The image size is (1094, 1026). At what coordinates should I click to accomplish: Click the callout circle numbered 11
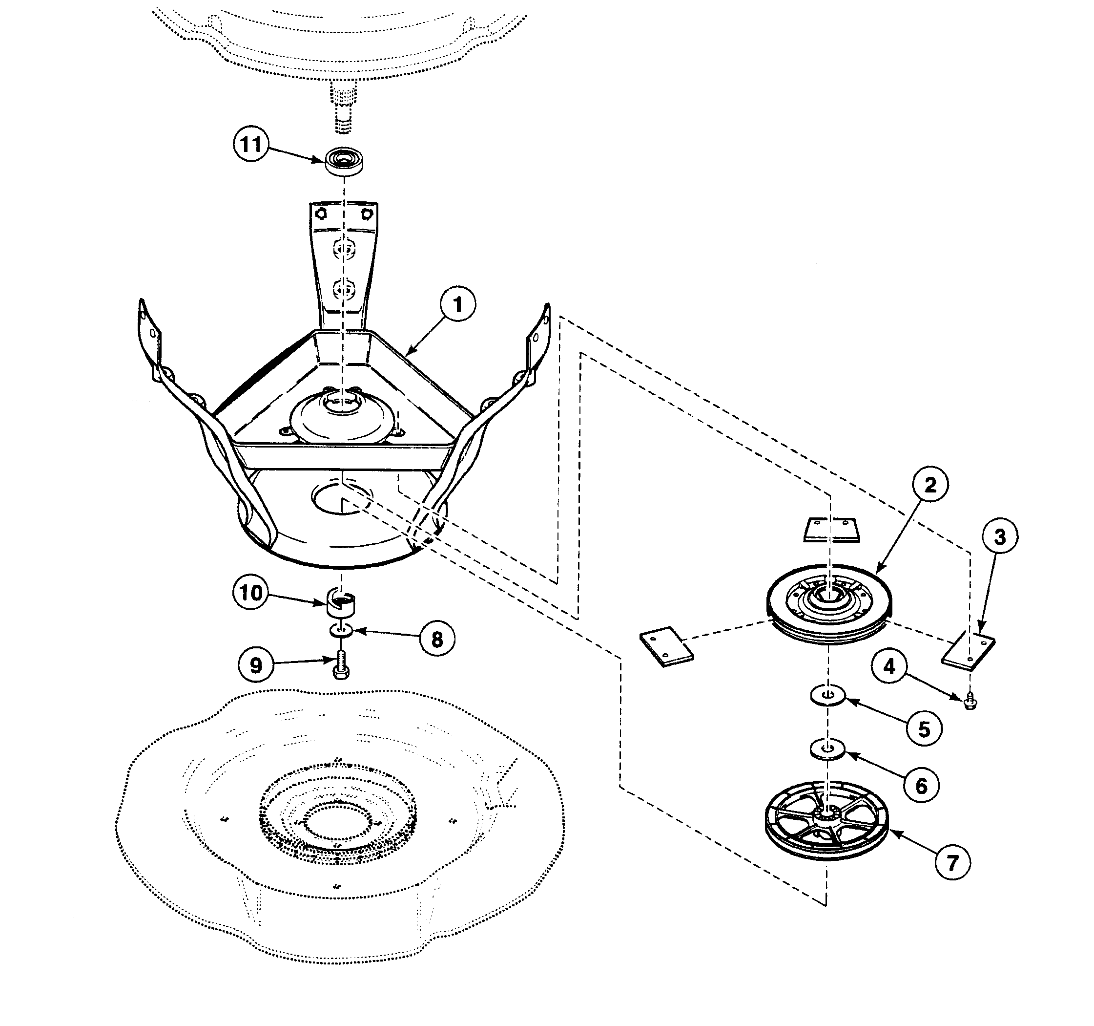251,144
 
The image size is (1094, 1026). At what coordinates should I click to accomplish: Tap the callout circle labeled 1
458,304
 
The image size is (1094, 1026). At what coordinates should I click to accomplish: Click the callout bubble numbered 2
930,485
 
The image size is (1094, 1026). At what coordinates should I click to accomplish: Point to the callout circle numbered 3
1000,536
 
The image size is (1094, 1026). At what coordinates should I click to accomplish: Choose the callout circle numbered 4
889,667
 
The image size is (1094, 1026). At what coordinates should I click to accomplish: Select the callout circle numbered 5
924,729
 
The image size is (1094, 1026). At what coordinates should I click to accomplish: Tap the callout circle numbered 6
921,786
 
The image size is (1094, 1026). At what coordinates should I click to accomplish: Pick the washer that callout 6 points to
827,750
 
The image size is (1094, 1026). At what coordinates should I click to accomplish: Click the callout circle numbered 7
953,862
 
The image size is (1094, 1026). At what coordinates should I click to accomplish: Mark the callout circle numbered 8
437,640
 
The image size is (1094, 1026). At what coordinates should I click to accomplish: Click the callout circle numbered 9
256,665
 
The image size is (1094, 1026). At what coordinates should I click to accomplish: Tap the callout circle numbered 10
251,593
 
